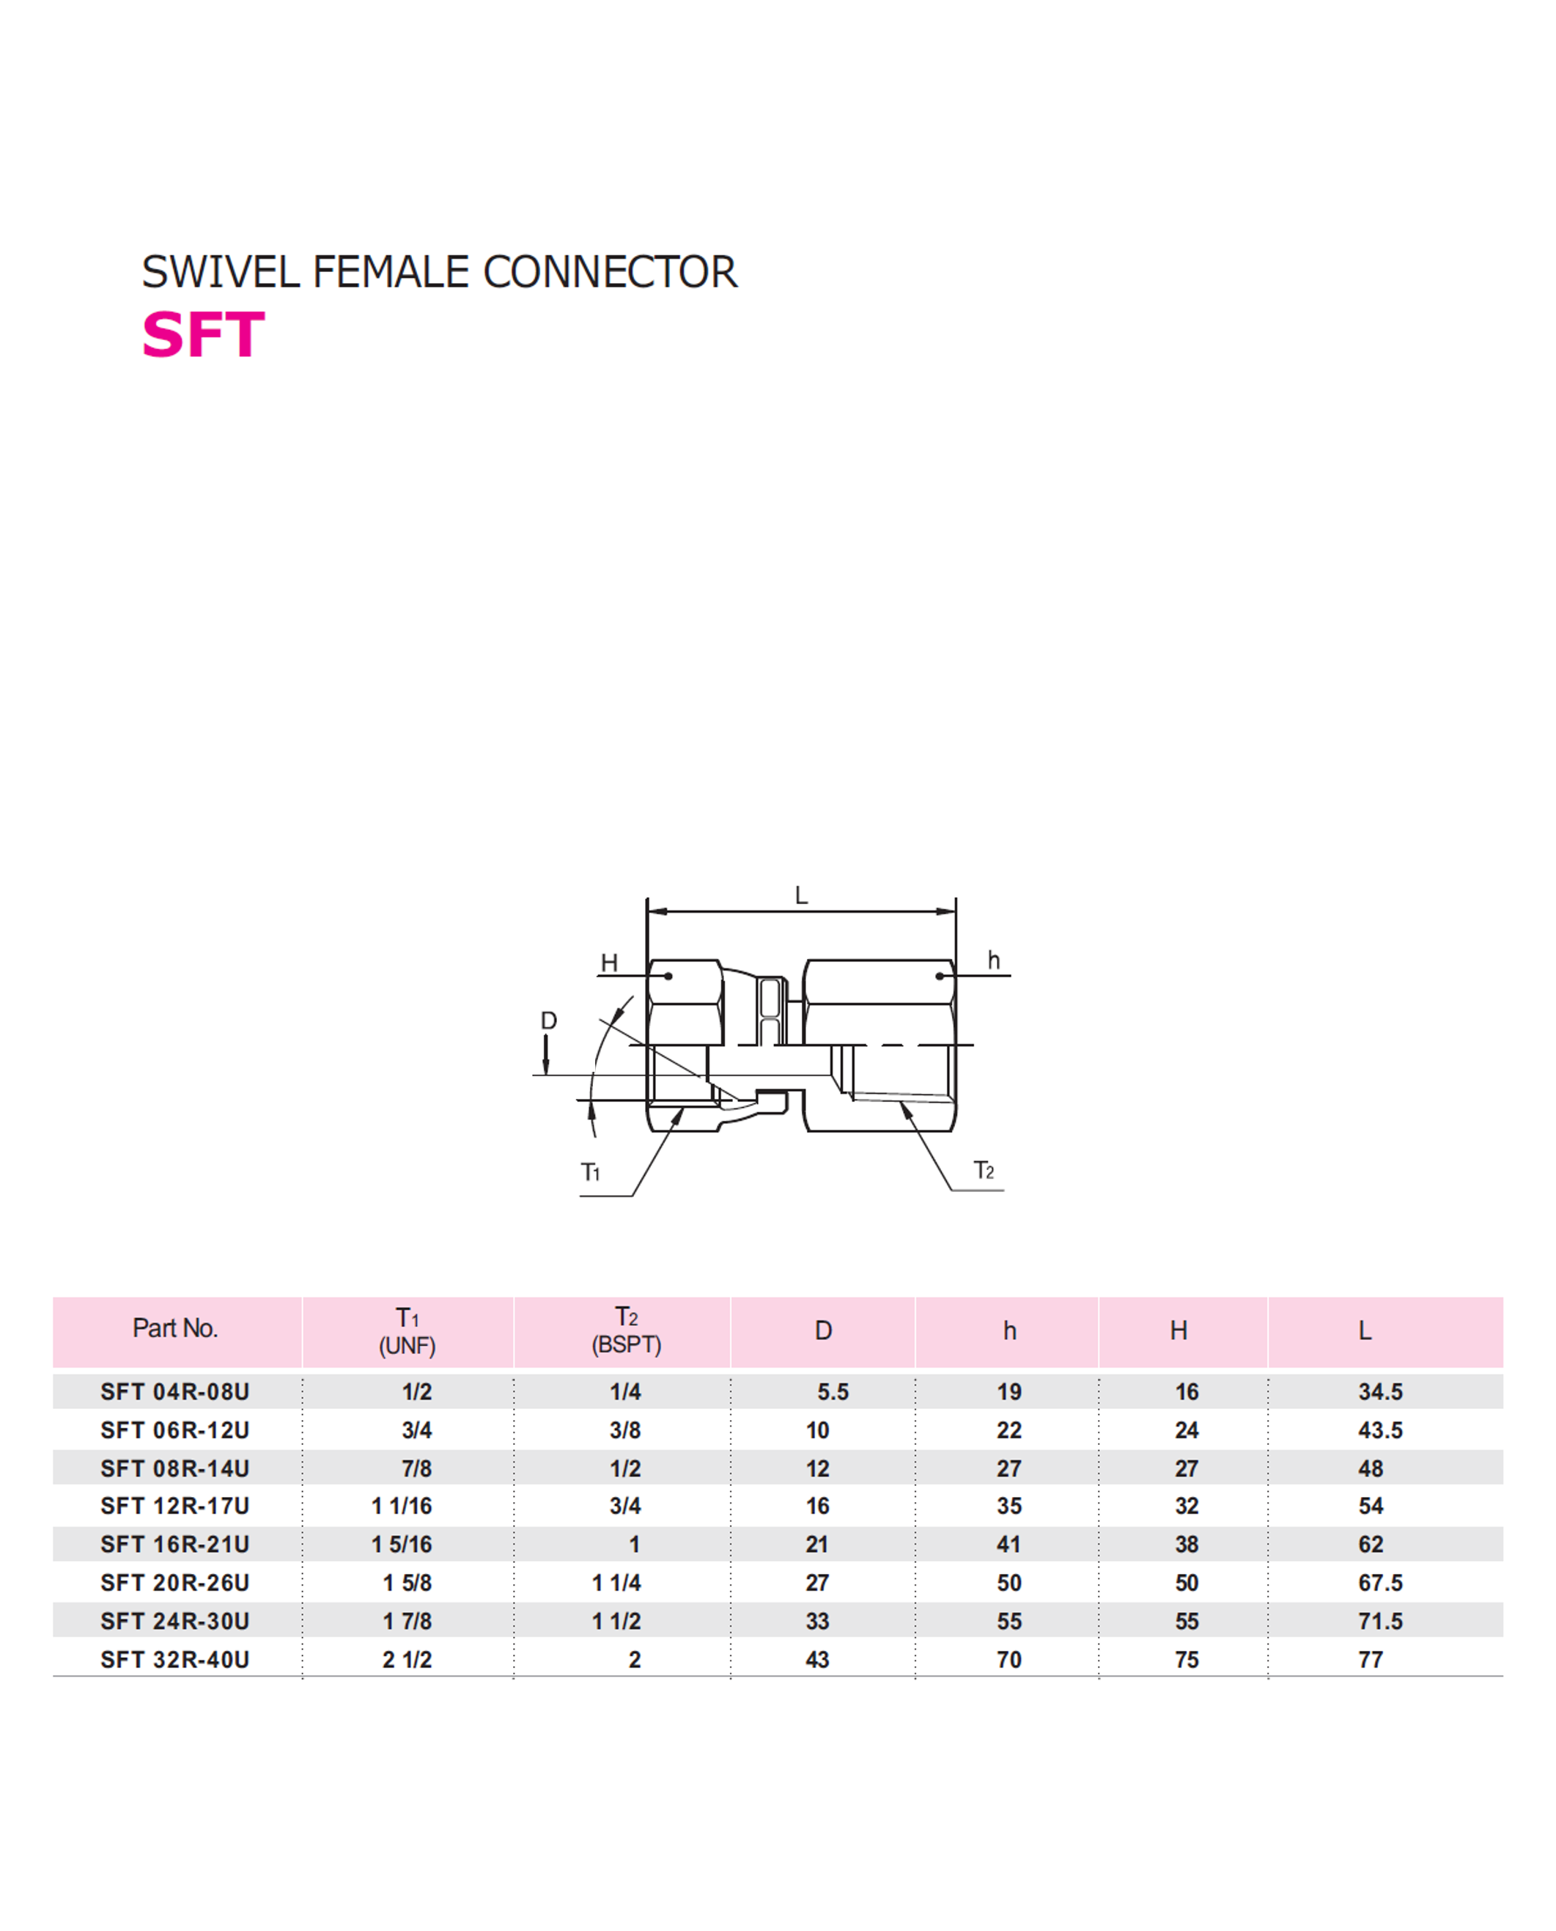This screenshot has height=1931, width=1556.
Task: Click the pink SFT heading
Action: (204, 335)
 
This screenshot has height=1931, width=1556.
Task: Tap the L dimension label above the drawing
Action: (801, 896)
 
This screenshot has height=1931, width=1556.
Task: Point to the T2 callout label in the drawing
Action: (984, 1170)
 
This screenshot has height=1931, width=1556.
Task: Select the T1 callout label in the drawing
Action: (590, 1172)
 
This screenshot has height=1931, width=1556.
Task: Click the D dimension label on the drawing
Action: (548, 1020)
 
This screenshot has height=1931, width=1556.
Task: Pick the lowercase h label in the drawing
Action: (993, 960)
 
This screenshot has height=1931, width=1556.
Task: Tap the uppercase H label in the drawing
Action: (608, 963)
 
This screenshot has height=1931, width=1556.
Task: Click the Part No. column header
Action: (174, 1328)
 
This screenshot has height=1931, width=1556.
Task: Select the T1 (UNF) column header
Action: (407, 1331)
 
